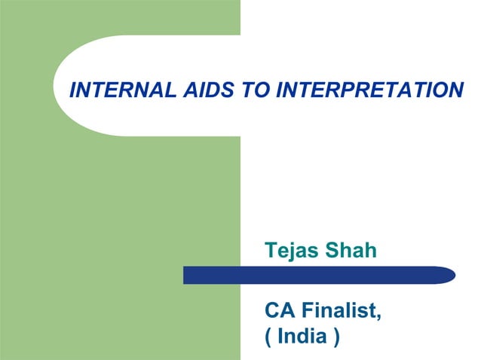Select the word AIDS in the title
198,91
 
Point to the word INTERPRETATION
369,91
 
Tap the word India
302,336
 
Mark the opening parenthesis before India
269,337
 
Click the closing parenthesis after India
334,337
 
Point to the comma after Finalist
378,316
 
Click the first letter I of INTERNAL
72,91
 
